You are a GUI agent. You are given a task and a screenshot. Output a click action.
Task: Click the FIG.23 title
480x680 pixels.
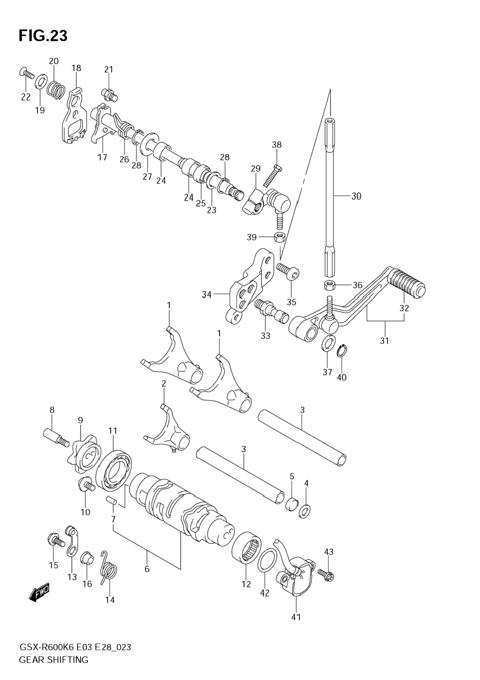[x=43, y=36]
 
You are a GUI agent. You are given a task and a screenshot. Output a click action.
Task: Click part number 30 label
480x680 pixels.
[x=356, y=196]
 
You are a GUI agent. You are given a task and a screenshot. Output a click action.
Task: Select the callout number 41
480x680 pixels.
[x=296, y=617]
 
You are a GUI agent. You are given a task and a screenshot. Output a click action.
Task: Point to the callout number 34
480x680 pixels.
[x=207, y=295]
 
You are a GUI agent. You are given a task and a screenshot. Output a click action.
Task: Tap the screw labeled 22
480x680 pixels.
[x=27, y=73]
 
